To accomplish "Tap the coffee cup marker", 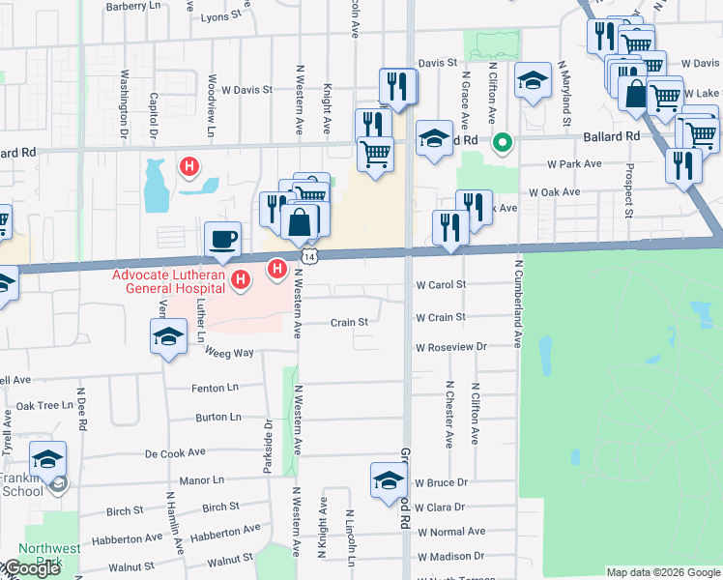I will click(x=222, y=238).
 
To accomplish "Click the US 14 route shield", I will click(x=308, y=253).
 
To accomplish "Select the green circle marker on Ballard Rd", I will click(x=502, y=144).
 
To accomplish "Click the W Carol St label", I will click(x=441, y=285).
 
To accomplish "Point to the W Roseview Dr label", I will click(x=450, y=346).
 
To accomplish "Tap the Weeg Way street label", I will click(x=228, y=353).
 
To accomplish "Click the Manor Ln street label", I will click(x=202, y=479).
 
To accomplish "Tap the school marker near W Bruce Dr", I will click(x=389, y=479).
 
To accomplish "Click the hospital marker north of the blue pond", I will click(x=189, y=166).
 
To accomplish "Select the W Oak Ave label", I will click(x=554, y=192).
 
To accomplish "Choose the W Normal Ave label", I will click(x=450, y=532).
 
